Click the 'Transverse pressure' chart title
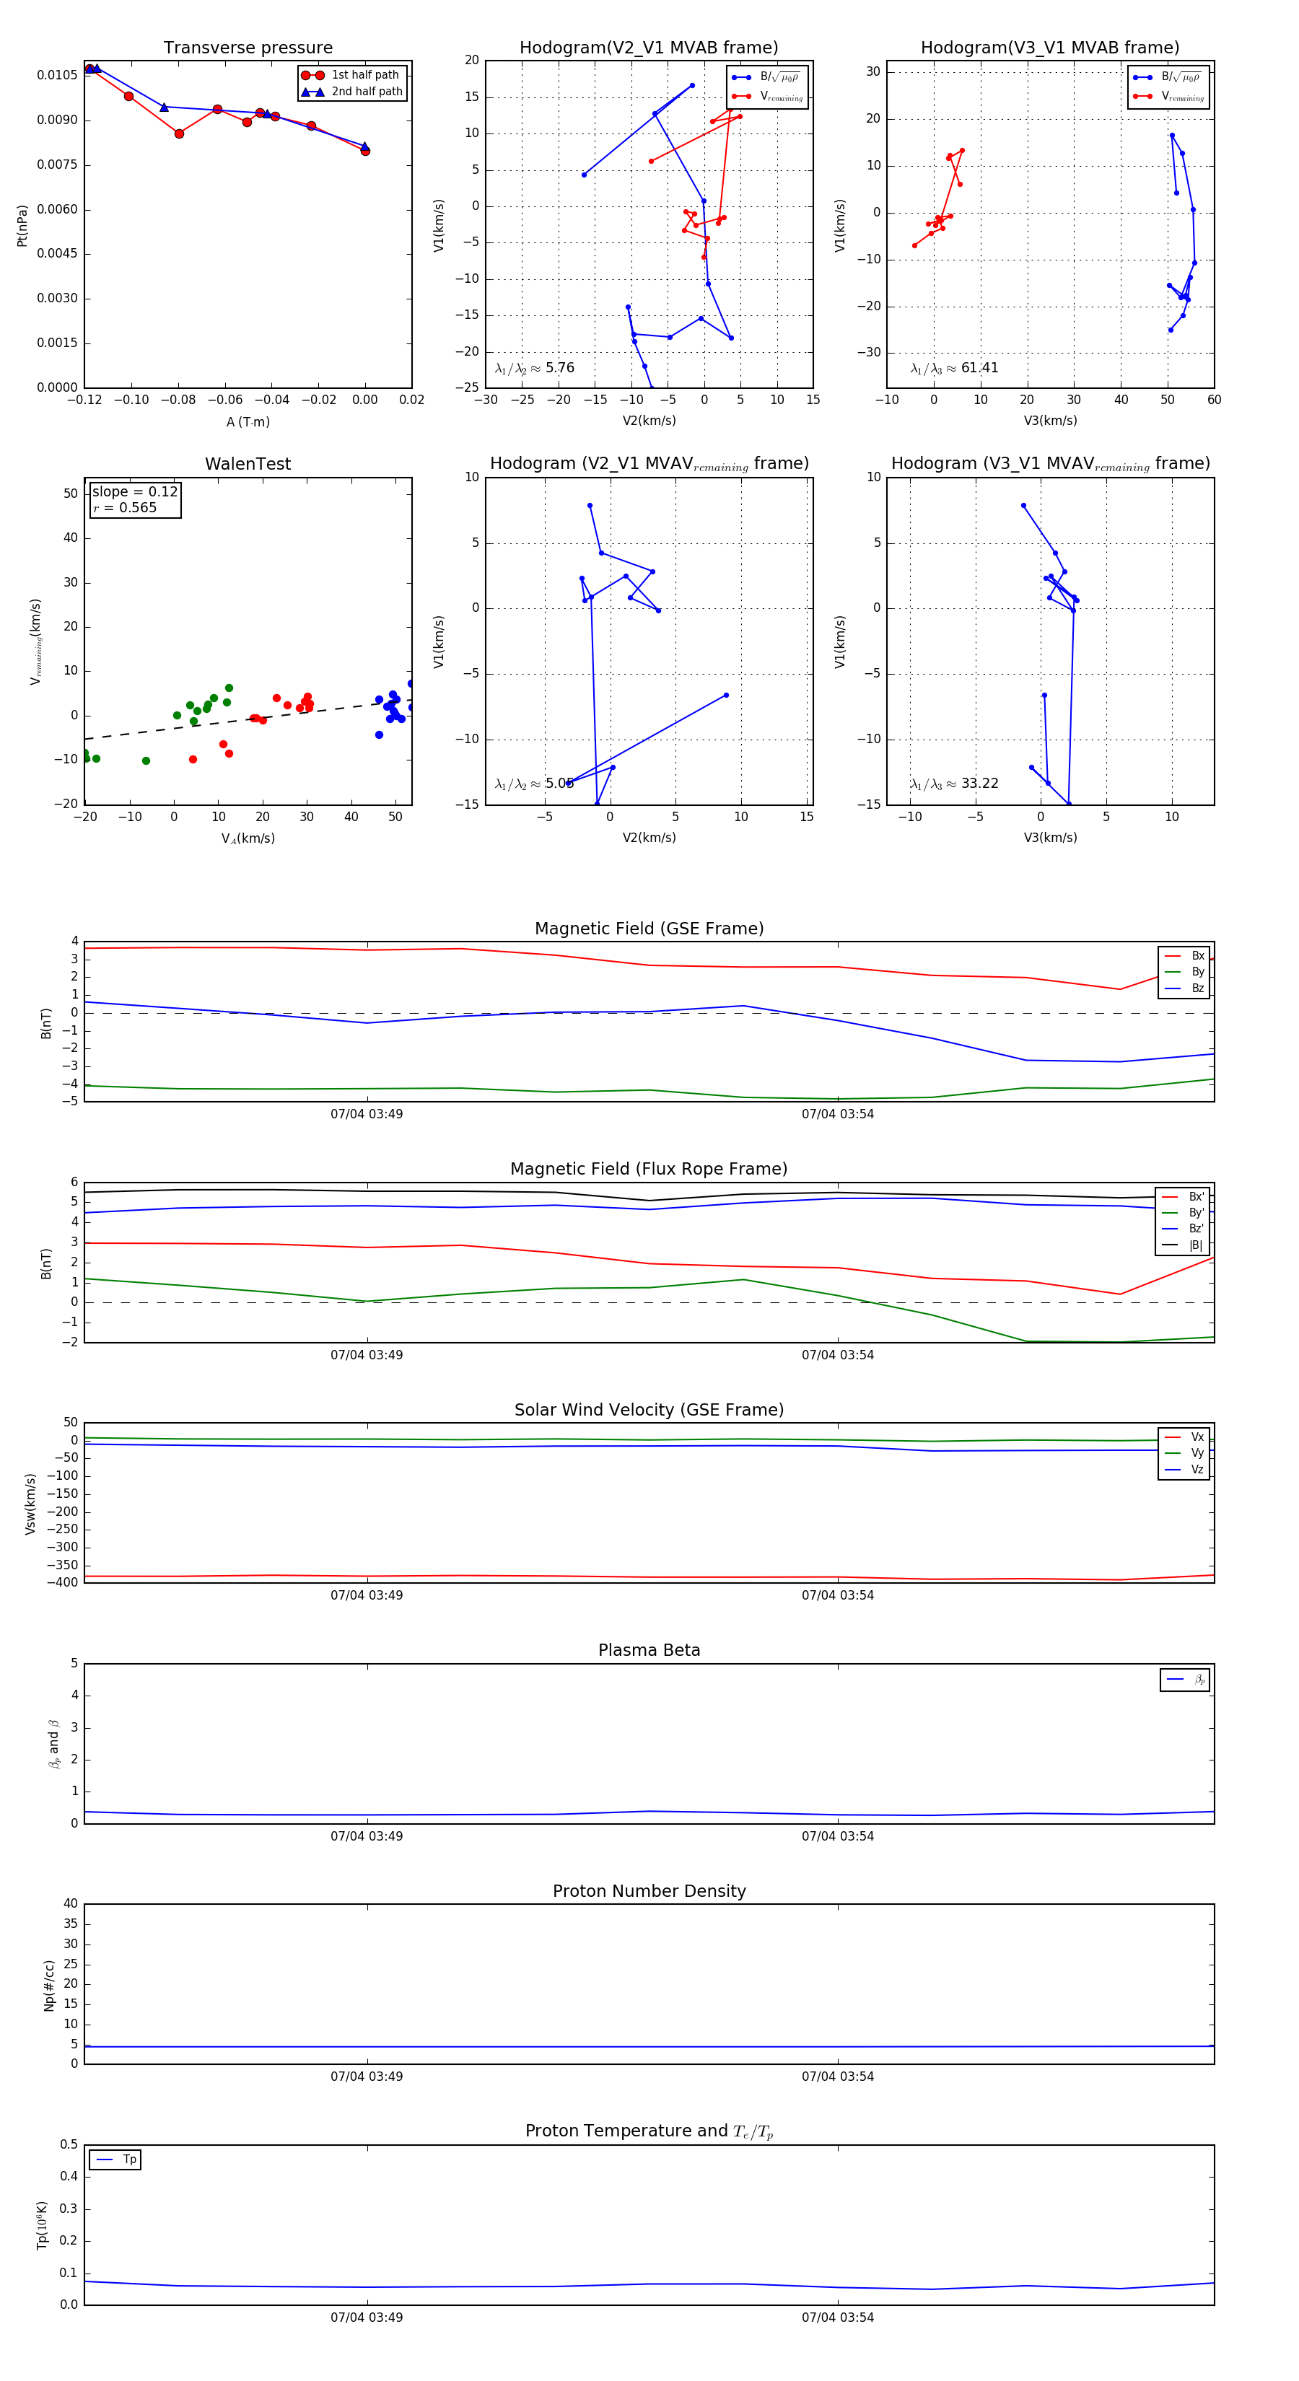point(248,48)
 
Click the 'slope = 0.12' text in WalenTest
point(134,492)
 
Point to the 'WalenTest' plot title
point(248,464)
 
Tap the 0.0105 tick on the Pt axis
point(57,75)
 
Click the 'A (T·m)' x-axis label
point(248,421)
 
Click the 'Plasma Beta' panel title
point(649,1650)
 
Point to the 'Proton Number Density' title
point(649,1890)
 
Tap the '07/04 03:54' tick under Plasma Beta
point(838,1836)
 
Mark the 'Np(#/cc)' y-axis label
point(49,1986)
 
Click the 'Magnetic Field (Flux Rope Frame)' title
point(649,1170)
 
